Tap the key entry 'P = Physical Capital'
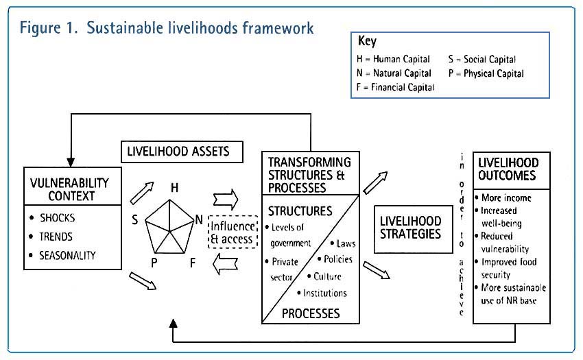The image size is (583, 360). pyautogui.click(x=486, y=73)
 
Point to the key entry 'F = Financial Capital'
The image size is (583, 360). pyautogui.click(x=395, y=87)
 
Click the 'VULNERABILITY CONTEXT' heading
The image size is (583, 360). pyautogui.click(x=71, y=189)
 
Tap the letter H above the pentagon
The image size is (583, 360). pyautogui.click(x=175, y=187)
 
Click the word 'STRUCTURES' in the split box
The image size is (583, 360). pyautogui.click(x=300, y=211)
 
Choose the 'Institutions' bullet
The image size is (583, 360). pyautogui.click(x=322, y=293)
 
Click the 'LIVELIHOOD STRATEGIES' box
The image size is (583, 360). pyautogui.click(x=410, y=228)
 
